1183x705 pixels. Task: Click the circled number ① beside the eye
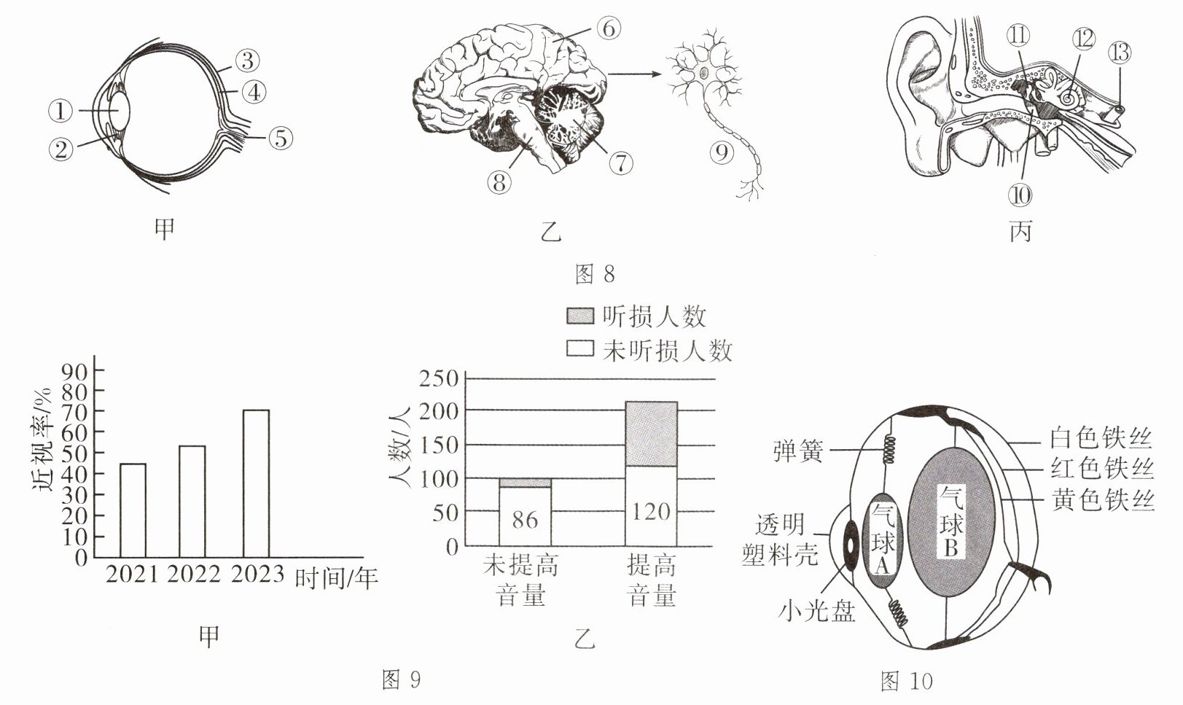point(61,112)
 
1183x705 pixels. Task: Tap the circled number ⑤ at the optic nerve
point(281,138)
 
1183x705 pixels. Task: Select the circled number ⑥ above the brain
point(608,29)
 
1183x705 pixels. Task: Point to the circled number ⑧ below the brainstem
point(499,182)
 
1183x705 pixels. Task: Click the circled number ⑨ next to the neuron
point(721,152)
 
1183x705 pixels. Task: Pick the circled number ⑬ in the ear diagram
point(1119,52)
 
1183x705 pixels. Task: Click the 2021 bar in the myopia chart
point(133,510)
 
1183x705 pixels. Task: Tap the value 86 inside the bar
point(525,519)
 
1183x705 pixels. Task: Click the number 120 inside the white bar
point(651,511)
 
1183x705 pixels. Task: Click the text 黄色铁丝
point(1103,500)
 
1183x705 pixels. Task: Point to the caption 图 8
point(595,274)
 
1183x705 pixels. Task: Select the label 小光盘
point(816,610)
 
